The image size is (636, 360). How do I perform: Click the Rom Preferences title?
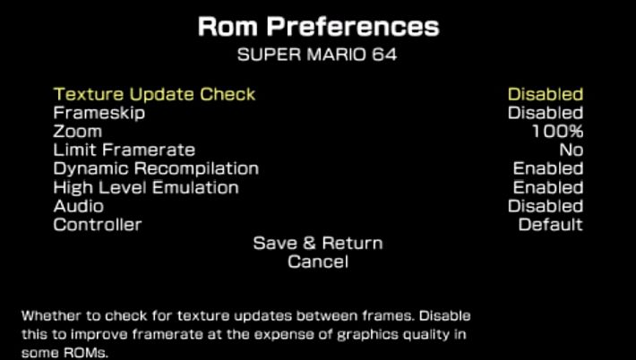coord(318,27)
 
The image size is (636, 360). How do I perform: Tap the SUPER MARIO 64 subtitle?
coord(317,55)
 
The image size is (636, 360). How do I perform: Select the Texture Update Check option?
coord(154,94)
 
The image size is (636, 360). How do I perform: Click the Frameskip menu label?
coord(99,113)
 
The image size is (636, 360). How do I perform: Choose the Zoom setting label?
coord(77,132)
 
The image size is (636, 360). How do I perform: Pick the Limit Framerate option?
coord(125,150)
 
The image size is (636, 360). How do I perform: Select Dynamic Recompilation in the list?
coord(156,169)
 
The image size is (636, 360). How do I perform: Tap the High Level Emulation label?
coord(146,188)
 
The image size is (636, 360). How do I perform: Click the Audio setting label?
coord(78,206)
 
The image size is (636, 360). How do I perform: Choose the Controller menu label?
coord(98,225)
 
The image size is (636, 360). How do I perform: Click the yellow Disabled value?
coord(546,94)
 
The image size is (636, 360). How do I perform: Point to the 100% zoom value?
coord(558,132)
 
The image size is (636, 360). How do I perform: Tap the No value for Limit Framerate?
coord(572,150)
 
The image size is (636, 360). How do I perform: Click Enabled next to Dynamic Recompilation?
coord(548,168)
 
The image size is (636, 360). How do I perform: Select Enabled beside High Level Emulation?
coord(548,187)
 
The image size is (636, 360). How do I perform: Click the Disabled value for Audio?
coord(546,206)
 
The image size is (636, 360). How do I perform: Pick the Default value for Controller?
coord(551,225)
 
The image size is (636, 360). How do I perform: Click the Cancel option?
coord(318,261)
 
